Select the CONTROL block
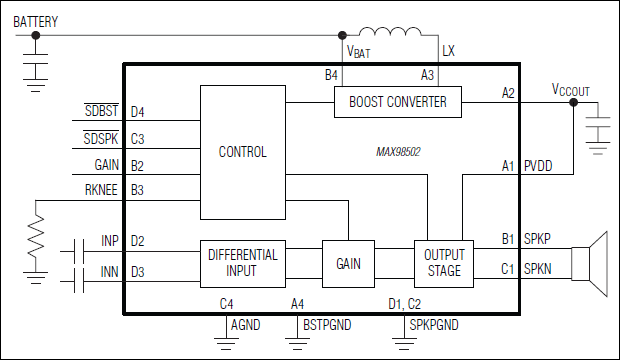[242, 152]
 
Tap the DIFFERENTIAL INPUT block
[242, 263]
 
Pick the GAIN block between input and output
[347, 263]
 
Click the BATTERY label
[36, 20]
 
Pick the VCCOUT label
[571, 89]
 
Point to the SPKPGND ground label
[434, 325]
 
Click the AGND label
[246, 325]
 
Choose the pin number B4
[331, 75]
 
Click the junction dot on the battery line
[36, 35]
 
